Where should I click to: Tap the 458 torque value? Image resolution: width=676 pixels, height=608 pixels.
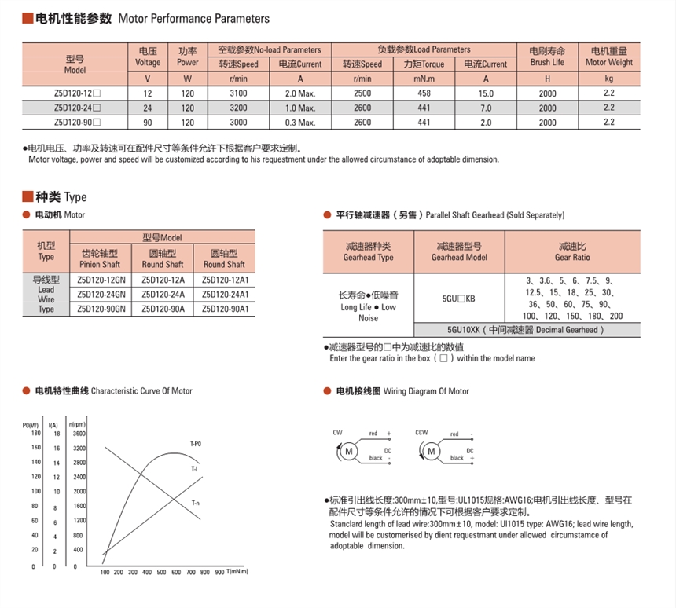[x=424, y=93]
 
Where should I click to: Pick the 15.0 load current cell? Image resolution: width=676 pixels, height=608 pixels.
[x=485, y=93]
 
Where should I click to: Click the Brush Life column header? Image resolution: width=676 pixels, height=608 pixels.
[x=547, y=57]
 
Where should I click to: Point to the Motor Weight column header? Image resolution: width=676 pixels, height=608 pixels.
[x=610, y=57]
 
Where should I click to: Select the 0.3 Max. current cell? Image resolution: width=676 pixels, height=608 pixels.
[x=299, y=123]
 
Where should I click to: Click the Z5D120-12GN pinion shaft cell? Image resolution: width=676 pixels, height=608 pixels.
[x=101, y=280]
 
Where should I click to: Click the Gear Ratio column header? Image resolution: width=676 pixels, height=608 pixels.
[x=572, y=251]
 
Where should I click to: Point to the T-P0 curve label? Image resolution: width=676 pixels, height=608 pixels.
[x=196, y=444]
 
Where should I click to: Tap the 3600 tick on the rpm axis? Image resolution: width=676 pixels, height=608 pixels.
[x=79, y=434]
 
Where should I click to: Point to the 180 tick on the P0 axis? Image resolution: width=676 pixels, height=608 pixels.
[x=35, y=434]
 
